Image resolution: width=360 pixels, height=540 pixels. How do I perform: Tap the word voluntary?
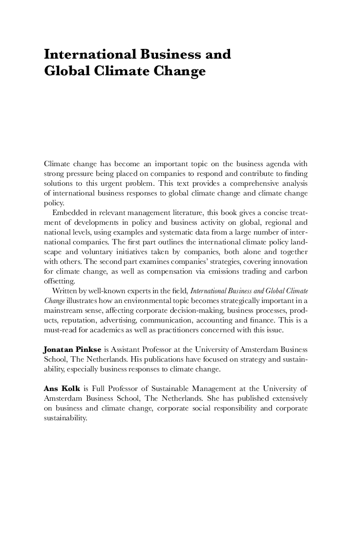87,252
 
